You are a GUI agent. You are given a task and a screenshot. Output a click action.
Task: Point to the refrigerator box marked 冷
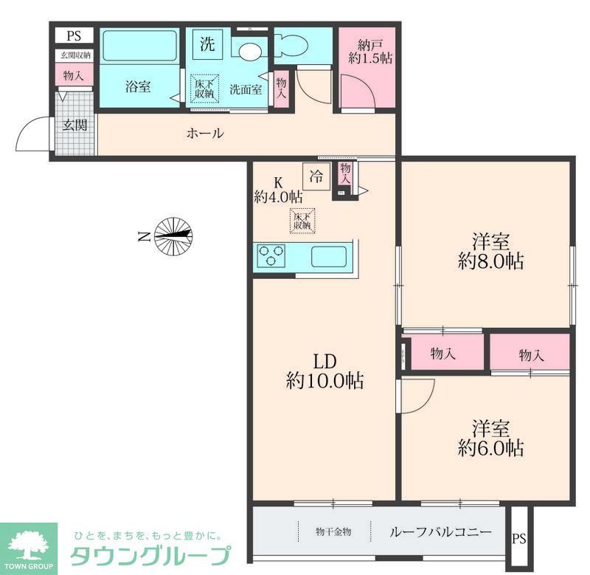[316, 176]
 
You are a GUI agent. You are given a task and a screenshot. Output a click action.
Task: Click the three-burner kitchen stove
[271, 257]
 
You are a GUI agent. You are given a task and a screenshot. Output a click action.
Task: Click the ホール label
[205, 134]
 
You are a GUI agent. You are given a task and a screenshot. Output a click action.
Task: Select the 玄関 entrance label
[74, 125]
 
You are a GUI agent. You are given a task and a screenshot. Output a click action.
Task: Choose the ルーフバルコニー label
[440, 531]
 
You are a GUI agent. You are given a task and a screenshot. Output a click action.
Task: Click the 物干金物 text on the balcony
[333, 531]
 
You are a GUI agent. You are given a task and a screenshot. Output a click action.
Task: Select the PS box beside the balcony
[521, 537]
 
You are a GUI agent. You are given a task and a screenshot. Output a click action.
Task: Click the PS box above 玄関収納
[74, 35]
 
